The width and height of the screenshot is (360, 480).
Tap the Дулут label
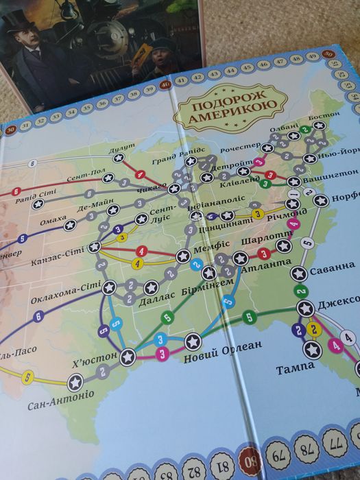[121, 149]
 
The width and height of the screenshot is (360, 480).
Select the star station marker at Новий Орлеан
[192, 340]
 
